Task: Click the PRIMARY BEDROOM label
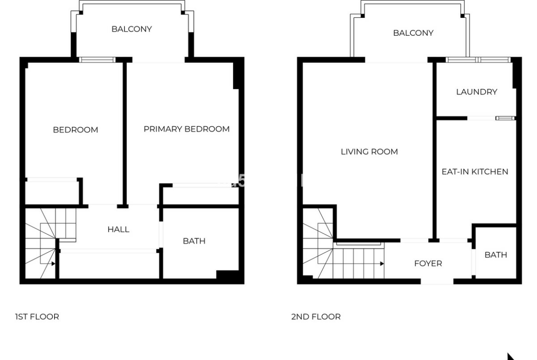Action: [186, 129]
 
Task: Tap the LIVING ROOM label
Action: [369, 152]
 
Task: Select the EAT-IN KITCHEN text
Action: [475, 172]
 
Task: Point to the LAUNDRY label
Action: [476, 92]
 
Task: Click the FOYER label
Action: [428, 263]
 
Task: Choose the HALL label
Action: [118, 229]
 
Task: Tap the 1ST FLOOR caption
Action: [37, 316]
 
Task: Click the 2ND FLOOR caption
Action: [316, 316]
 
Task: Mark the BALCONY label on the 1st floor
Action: [132, 29]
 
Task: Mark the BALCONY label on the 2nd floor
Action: [413, 33]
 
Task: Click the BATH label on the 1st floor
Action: [194, 241]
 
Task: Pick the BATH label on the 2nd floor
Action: [496, 255]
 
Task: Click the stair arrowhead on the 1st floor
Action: [53, 264]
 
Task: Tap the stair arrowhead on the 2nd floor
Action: [382, 264]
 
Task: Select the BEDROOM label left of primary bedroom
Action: [75, 130]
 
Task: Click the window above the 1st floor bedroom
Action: [97, 60]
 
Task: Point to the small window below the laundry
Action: [505, 118]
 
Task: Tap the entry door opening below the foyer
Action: [437, 282]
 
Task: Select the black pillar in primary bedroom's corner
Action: [236, 76]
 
